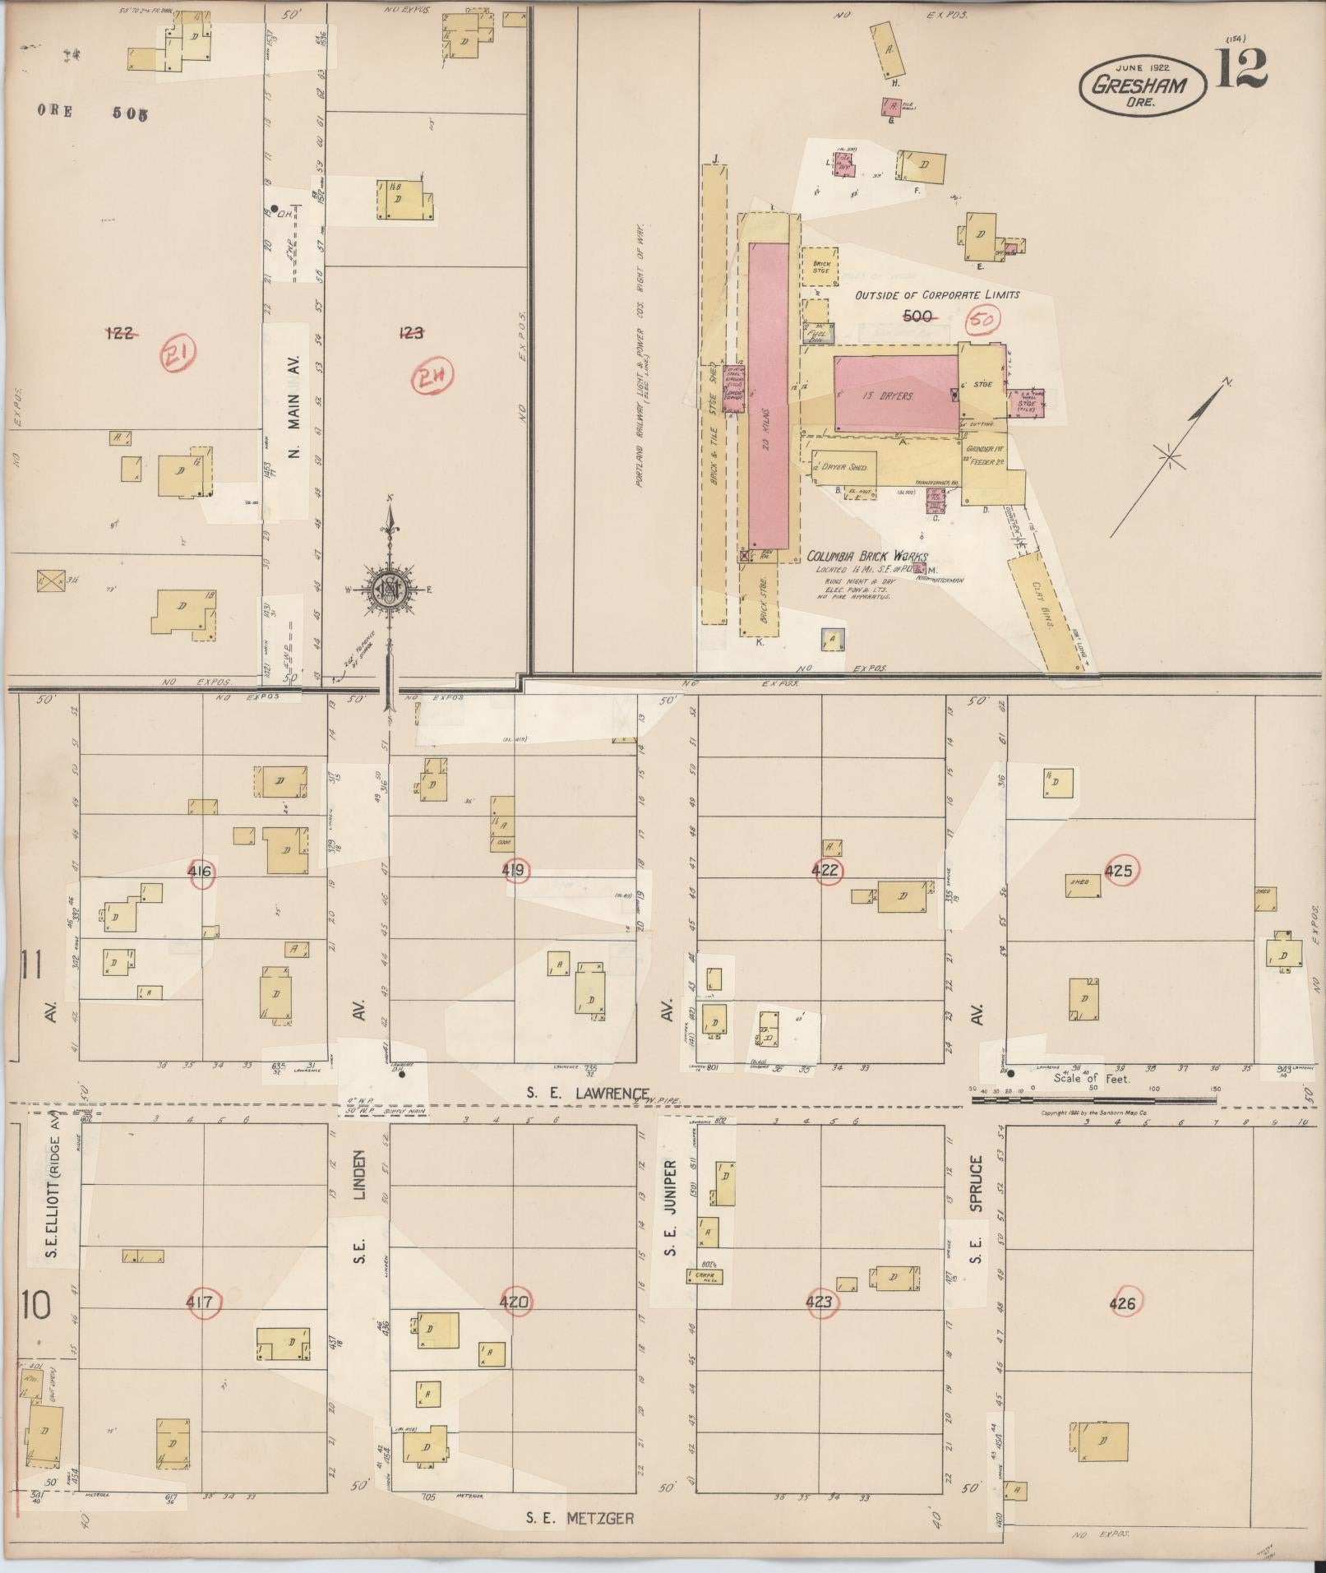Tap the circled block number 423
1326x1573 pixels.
tap(820, 1302)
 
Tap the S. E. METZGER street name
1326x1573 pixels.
tap(580, 1518)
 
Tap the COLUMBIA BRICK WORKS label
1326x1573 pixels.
tap(866, 557)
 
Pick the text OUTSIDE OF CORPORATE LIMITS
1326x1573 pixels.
tap(936, 295)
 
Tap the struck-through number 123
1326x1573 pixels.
tap(410, 333)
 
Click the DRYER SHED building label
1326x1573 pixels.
tap(845, 467)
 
